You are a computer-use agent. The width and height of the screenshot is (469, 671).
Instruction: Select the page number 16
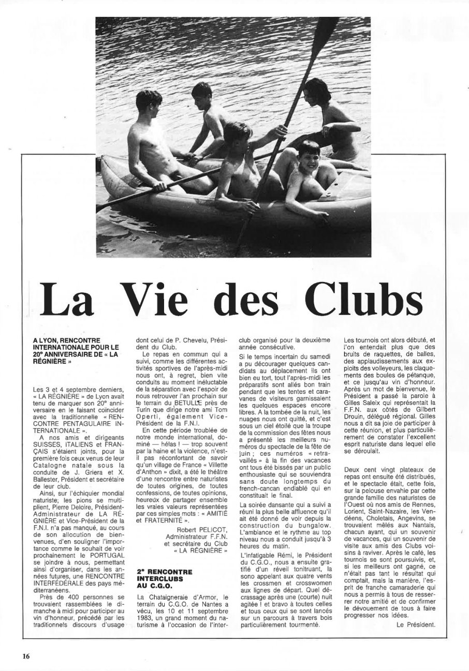26,656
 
